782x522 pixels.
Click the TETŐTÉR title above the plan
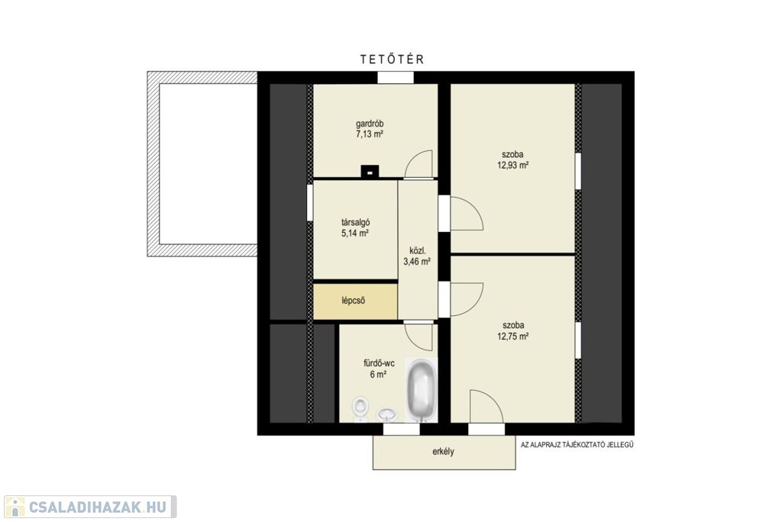(392, 60)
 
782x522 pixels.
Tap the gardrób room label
(370, 124)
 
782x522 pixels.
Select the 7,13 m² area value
(370, 134)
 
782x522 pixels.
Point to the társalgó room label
(355, 223)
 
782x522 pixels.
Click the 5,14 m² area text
(355, 233)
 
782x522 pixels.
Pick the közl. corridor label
(417, 250)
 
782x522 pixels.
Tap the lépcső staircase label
(354, 301)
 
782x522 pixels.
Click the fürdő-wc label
(379, 363)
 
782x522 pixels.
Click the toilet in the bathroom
(360, 408)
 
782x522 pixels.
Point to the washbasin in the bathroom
(386, 414)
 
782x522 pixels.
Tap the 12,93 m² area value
(512, 166)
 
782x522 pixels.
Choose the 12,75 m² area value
(512, 337)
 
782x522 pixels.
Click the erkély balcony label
(444, 453)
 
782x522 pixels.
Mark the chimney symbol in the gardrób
(370, 171)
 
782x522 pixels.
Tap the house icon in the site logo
(15, 507)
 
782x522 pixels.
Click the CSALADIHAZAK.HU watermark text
(97, 507)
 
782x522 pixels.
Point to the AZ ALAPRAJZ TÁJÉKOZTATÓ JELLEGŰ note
(577, 445)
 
